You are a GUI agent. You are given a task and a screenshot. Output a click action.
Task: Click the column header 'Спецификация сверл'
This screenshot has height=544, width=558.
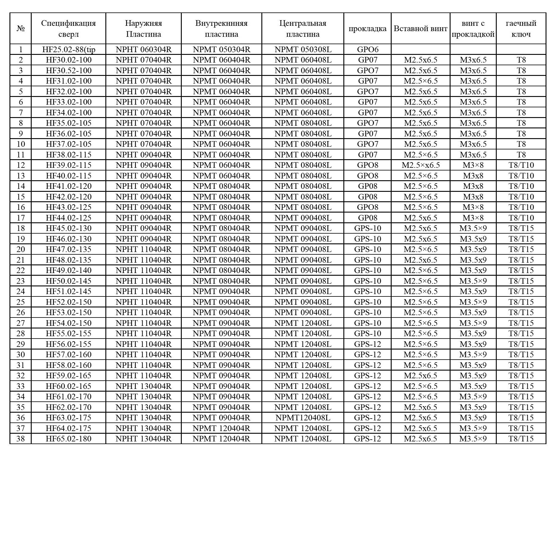pyautogui.click(x=68, y=28)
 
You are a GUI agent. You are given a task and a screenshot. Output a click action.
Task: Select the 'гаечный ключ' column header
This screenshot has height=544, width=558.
pyautogui.click(x=521, y=28)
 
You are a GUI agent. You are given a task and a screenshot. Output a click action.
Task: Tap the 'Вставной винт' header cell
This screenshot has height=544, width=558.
pyautogui.click(x=420, y=28)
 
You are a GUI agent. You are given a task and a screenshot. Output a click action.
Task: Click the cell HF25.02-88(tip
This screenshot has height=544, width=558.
pyautogui.click(x=68, y=49)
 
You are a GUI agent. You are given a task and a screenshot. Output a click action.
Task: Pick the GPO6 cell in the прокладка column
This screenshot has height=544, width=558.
pyautogui.click(x=367, y=49)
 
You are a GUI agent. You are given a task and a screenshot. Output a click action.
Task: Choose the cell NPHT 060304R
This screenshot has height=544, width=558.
pyautogui.click(x=144, y=49)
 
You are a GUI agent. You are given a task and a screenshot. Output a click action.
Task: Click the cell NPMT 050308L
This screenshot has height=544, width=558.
pyautogui.click(x=303, y=49)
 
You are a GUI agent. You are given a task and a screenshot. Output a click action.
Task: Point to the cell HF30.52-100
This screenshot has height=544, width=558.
pyautogui.click(x=68, y=71)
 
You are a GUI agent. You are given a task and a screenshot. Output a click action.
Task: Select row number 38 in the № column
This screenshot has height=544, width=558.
pyautogui.click(x=20, y=439)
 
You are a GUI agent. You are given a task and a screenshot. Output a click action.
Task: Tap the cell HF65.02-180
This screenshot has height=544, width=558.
pyautogui.click(x=68, y=439)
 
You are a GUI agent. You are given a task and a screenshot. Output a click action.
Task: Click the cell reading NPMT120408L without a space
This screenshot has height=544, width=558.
pyautogui.click(x=303, y=418)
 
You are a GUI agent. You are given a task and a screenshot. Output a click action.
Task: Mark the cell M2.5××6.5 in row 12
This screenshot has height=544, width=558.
pyautogui.click(x=420, y=165)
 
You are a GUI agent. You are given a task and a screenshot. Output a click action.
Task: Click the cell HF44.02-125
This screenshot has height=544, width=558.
pyautogui.click(x=68, y=218)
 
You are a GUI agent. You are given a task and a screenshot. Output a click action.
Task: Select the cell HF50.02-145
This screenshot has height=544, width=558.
pyautogui.click(x=68, y=281)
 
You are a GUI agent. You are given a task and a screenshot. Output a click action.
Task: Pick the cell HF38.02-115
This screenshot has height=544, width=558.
pyautogui.click(x=68, y=155)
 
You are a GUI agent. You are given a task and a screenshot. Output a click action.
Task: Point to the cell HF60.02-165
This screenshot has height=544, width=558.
pyautogui.click(x=68, y=386)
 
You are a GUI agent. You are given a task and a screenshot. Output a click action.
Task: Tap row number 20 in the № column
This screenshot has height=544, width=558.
pyautogui.click(x=20, y=249)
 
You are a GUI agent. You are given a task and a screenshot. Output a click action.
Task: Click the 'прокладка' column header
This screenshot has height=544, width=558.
pyautogui.click(x=367, y=28)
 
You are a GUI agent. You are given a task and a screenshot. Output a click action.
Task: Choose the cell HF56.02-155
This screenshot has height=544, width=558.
pyautogui.click(x=68, y=344)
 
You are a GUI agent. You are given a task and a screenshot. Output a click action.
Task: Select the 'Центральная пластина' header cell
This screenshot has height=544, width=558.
pyautogui.click(x=303, y=28)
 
